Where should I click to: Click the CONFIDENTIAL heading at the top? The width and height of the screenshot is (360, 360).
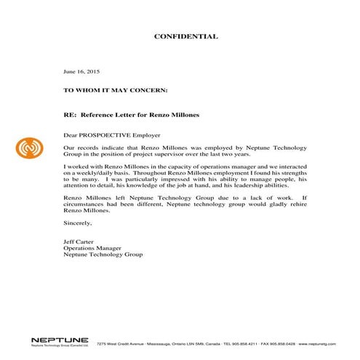[185, 36]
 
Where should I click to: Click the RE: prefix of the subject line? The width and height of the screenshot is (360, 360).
[71, 114]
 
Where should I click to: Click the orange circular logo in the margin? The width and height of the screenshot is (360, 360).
[28, 148]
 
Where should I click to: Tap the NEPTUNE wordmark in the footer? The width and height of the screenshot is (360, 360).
[60, 338]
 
